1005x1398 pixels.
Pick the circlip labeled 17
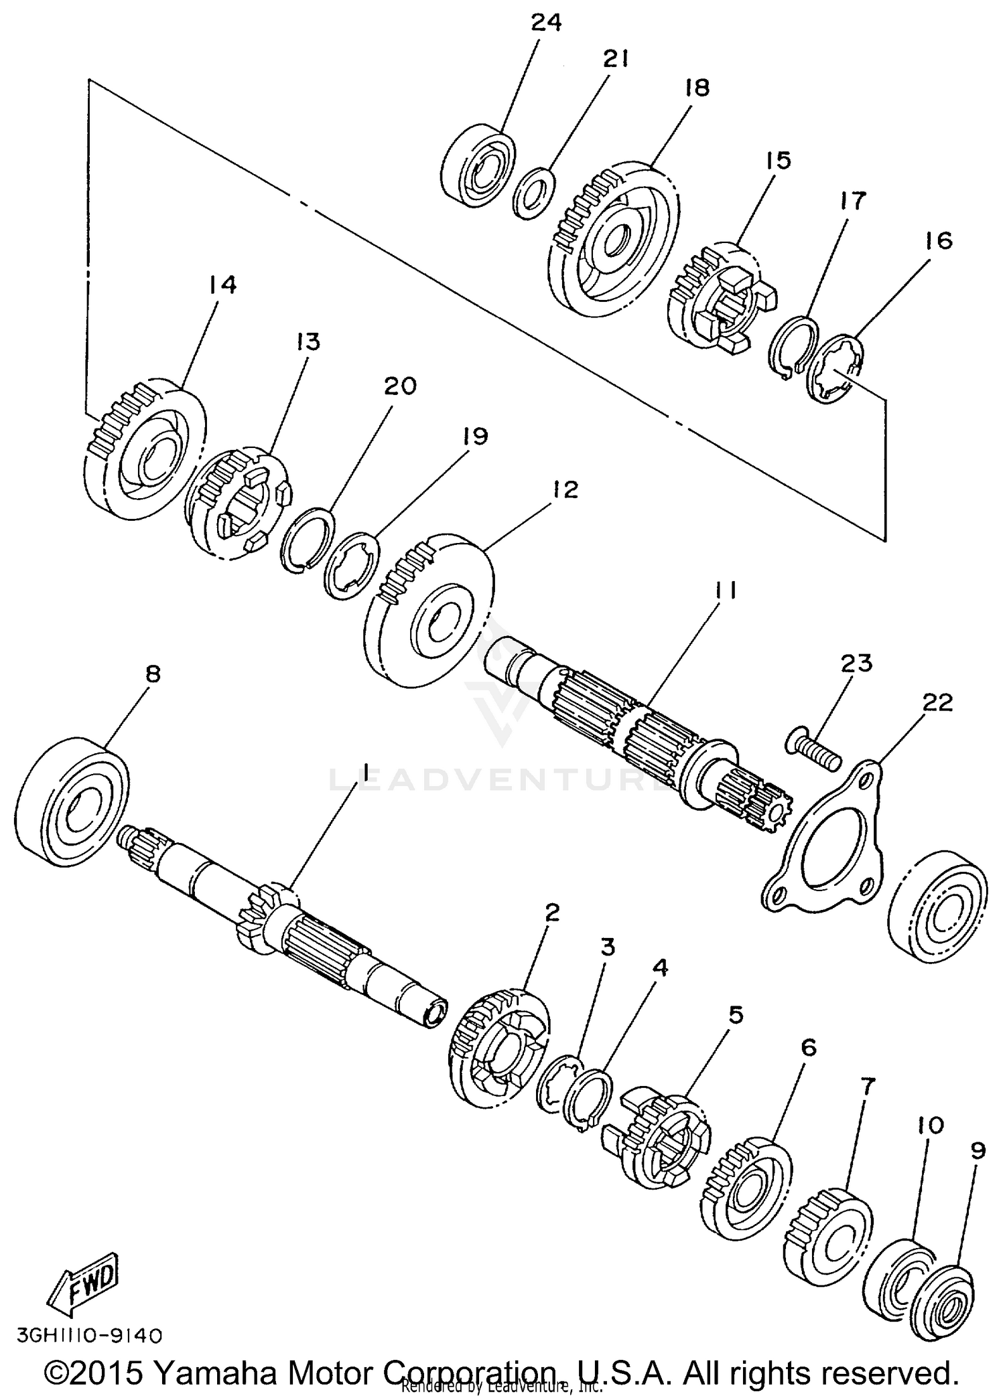pos(794,348)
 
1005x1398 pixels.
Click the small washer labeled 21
pos(534,194)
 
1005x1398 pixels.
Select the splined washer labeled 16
pos(836,368)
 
